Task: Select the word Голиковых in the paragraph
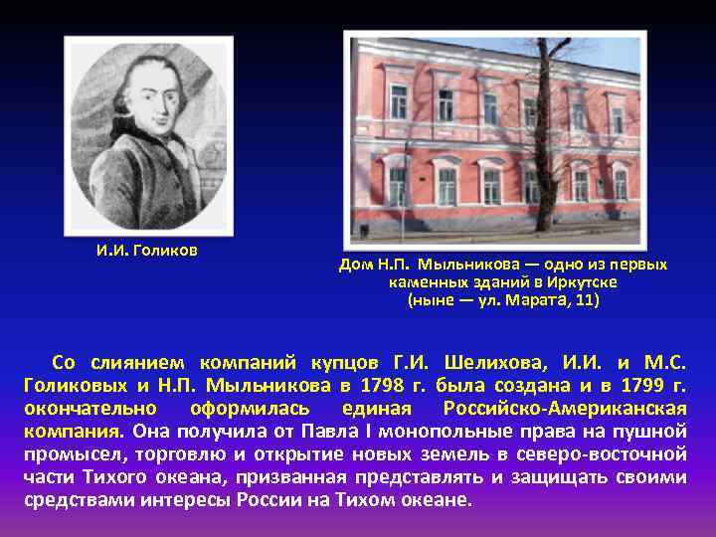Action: [72, 385]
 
